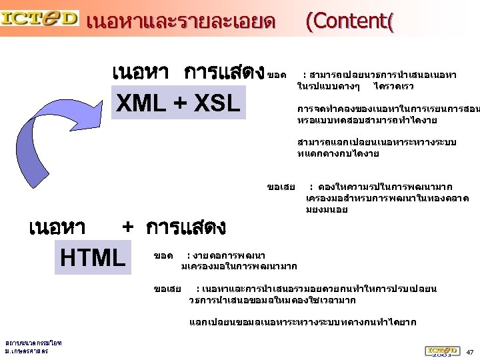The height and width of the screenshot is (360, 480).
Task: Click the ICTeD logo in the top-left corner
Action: point(39,19)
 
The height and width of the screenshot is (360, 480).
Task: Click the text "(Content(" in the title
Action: point(349,21)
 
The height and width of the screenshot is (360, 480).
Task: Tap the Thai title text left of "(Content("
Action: point(181,22)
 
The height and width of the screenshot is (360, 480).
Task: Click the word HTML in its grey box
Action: point(93,258)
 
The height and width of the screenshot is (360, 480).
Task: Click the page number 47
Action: point(469,351)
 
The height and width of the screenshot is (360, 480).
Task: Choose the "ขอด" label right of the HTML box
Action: point(163,256)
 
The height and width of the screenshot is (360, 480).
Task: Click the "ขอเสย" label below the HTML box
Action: point(167,289)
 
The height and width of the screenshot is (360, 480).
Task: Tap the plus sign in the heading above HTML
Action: point(129,227)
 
